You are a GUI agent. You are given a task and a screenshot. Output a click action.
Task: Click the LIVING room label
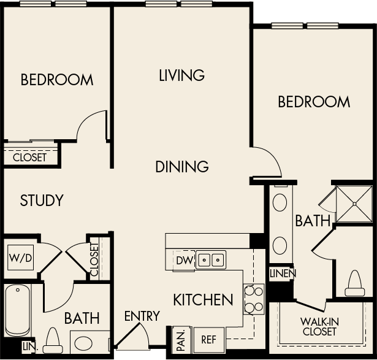click(181, 75)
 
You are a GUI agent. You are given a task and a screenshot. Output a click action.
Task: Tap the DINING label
click(181, 166)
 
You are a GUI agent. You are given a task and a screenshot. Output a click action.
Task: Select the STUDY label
click(42, 201)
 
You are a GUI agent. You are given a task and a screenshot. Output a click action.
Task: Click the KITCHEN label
click(203, 300)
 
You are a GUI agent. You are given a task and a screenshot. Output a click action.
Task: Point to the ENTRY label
click(142, 316)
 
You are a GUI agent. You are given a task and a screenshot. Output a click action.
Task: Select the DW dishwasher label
click(184, 261)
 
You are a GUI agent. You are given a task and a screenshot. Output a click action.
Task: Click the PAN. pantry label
click(180, 339)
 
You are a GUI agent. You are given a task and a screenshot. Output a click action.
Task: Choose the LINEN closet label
click(283, 273)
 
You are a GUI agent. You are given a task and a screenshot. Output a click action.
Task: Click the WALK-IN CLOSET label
click(319, 327)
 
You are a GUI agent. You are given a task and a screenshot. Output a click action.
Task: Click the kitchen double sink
click(211, 261)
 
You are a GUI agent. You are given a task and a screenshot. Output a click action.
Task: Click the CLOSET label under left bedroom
click(29, 157)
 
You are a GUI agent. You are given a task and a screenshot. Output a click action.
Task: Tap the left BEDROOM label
click(57, 80)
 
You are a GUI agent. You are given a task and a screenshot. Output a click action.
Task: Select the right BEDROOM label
click(314, 101)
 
